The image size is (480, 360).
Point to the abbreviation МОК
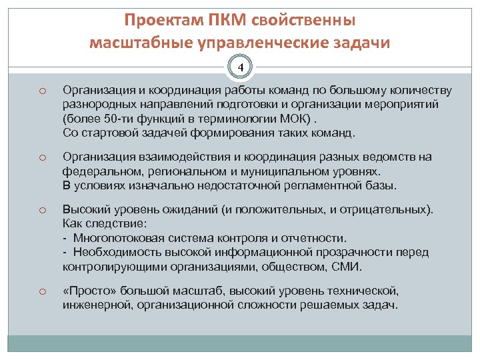coord(293,119)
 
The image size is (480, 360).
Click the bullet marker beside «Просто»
coord(41,291)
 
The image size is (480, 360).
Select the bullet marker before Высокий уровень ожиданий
coord(41,211)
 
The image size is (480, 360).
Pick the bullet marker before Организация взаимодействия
coord(41,157)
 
